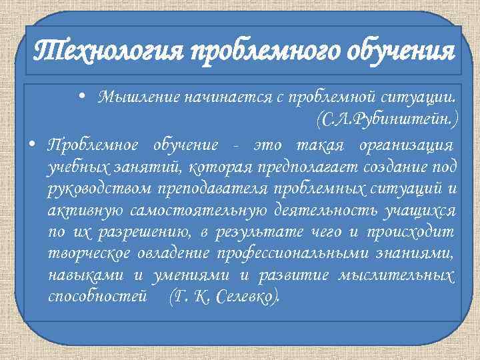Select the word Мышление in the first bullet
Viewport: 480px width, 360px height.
click(x=129, y=97)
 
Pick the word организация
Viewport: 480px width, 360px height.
click(x=406, y=145)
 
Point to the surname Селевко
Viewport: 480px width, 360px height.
click(x=242, y=297)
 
